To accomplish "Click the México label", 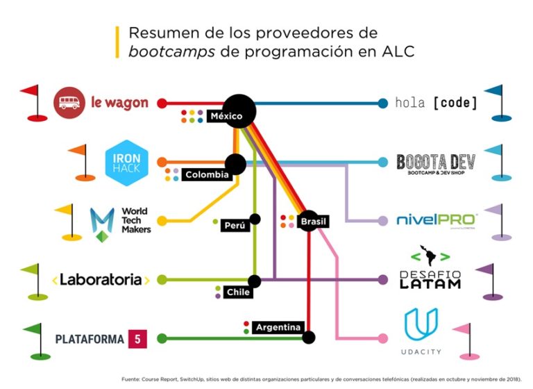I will click(x=226, y=116).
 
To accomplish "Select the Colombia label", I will click(x=207, y=175).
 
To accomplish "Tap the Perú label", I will click(x=235, y=226).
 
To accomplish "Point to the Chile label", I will click(x=238, y=292).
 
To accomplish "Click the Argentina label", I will click(x=278, y=327).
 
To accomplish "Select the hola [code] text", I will click(x=436, y=103).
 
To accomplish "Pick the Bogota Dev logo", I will click(x=436, y=163).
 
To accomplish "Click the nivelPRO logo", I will click(x=436, y=220).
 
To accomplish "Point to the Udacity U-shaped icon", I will click(x=421, y=325).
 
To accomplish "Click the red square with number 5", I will click(x=137, y=339).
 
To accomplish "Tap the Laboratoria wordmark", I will click(x=101, y=280).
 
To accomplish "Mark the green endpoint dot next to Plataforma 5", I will click(x=162, y=339).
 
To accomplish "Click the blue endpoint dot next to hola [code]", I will click(x=382, y=104).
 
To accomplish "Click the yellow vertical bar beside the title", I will click(x=117, y=42).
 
